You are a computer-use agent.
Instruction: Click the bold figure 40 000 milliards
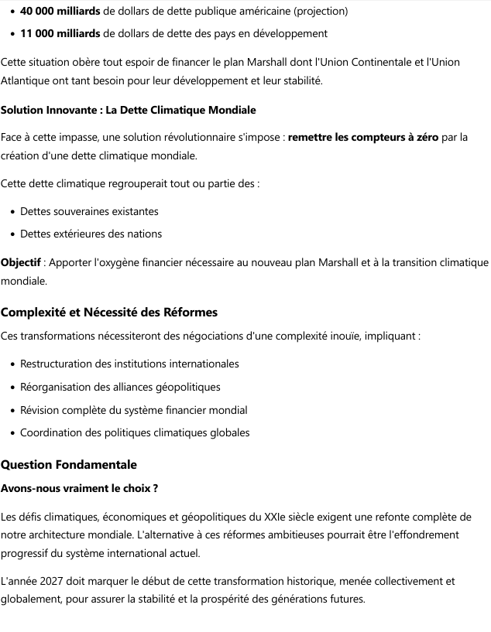[x=60, y=12]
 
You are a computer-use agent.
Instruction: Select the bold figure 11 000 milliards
[x=60, y=33]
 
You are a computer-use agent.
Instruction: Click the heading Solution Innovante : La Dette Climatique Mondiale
[x=128, y=111]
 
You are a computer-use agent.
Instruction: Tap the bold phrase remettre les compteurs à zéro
[x=362, y=138]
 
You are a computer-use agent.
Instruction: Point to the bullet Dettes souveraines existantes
[x=89, y=211]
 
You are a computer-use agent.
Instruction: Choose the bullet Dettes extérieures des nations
[x=91, y=234]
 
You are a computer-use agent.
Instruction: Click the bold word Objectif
[x=20, y=263]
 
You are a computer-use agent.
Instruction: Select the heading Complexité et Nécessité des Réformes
[x=108, y=313]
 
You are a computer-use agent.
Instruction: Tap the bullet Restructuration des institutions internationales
[x=129, y=364]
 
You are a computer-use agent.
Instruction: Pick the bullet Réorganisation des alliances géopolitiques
[x=120, y=387]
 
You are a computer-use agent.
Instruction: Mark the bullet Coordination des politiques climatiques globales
[x=135, y=432]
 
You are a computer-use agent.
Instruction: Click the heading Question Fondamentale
[x=68, y=465]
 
